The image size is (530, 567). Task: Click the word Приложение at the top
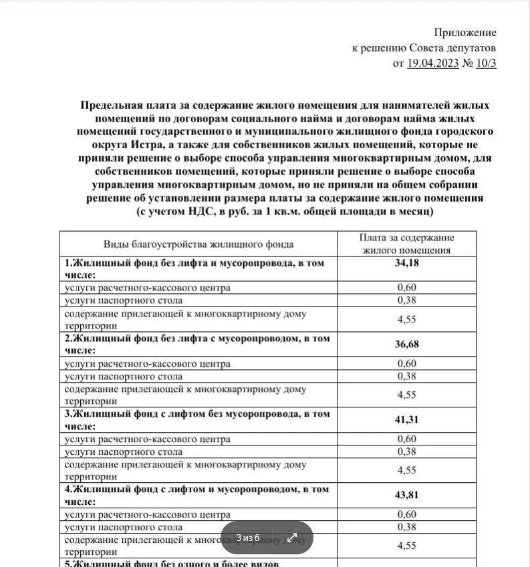coord(465,32)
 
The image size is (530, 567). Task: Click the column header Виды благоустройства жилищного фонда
coord(198,244)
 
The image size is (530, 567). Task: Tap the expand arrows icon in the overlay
coord(292,538)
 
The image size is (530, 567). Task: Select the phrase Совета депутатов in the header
coord(456,48)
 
